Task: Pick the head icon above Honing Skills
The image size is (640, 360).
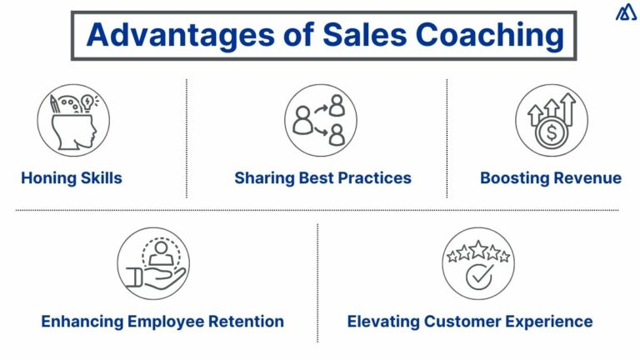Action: [x=72, y=122]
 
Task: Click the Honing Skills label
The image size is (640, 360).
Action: [x=72, y=177]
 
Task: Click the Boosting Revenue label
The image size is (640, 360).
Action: [x=550, y=177]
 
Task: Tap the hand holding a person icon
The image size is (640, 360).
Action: [x=152, y=264]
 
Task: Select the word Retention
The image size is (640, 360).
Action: [x=247, y=321]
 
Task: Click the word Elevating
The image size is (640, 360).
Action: [x=382, y=321]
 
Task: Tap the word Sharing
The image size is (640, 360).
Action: [x=262, y=177]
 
